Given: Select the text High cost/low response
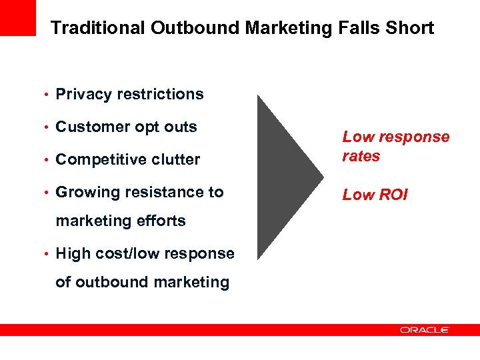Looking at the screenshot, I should (x=145, y=254).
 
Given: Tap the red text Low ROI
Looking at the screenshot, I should (x=374, y=195).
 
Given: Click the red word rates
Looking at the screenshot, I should (x=361, y=157).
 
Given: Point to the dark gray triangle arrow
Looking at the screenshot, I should (x=283, y=177).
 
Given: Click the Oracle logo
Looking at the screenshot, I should (x=425, y=329).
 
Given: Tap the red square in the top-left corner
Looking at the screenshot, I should (x=18, y=17).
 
